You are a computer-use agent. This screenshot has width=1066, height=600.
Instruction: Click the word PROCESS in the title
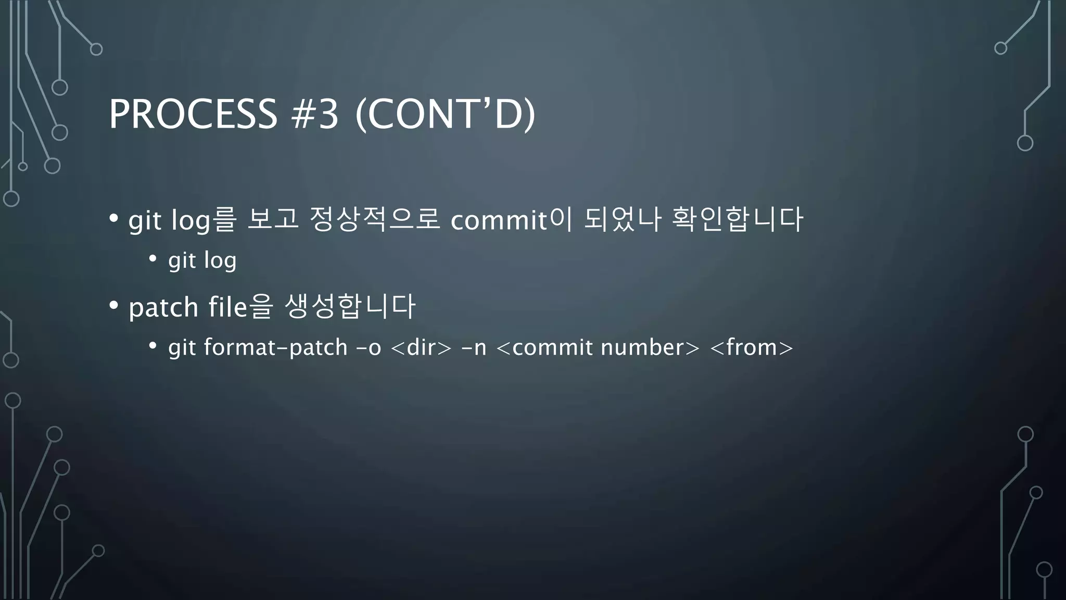(x=193, y=114)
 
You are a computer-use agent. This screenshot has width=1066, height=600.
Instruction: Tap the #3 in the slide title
(x=315, y=114)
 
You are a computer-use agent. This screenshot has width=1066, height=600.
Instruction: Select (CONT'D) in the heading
(x=445, y=114)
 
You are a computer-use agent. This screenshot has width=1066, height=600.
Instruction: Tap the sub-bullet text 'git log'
(x=202, y=260)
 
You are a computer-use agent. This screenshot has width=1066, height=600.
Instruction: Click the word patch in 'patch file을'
(x=163, y=307)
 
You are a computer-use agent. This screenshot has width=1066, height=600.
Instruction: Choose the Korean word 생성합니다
(x=350, y=306)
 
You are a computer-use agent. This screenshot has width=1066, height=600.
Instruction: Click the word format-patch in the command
(x=275, y=347)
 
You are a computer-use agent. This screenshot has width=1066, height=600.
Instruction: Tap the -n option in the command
(x=474, y=347)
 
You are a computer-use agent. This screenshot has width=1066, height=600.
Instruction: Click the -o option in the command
(x=369, y=347)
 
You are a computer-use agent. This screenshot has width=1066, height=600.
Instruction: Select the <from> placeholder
(x=751, y=347)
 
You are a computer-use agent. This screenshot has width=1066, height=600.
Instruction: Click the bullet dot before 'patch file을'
(x=113, y=306)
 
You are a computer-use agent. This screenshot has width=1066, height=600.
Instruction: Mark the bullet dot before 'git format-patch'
(x=153, y=346)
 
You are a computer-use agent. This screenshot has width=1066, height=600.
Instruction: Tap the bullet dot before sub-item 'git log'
(x=153, y=258)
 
